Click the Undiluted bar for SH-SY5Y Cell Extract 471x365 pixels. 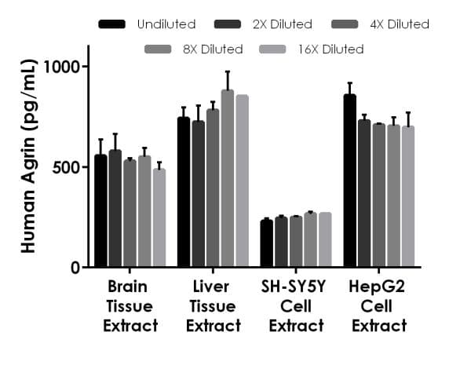coord(267,243)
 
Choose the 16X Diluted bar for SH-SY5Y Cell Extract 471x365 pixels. coord(325,239)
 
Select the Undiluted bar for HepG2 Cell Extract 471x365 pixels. coord(350,181)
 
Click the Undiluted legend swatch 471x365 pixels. coord(112,24)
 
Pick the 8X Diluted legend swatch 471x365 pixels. coord(159,49)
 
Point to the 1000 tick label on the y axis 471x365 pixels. coord(62,67)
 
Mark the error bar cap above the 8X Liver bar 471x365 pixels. coord(228,71)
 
